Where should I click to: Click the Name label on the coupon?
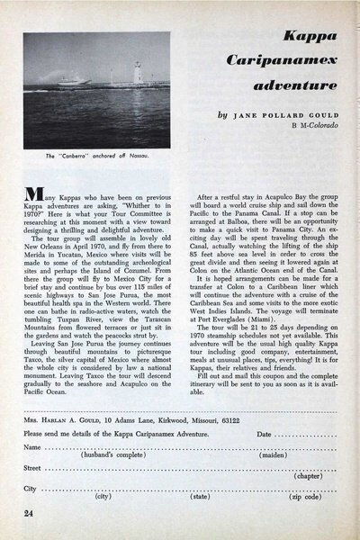(x=33, y=447)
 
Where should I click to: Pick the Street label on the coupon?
(x=34, y=468)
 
